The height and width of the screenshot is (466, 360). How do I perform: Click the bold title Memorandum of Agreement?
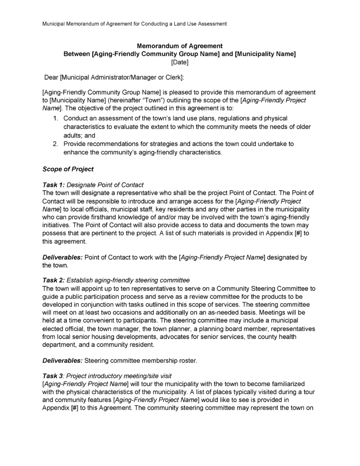[180, 46]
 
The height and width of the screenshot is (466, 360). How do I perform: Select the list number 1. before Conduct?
[55, 119]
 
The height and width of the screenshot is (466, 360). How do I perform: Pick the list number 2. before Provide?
[55, 144]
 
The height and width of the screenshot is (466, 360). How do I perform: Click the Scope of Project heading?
[68, 169]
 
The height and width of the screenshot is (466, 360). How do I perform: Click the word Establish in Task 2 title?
[81, 280]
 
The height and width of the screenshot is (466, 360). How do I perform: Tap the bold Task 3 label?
[53, 376]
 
